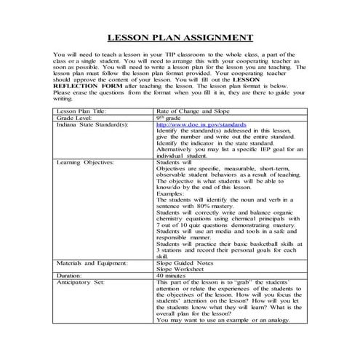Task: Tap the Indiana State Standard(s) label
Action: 91,124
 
